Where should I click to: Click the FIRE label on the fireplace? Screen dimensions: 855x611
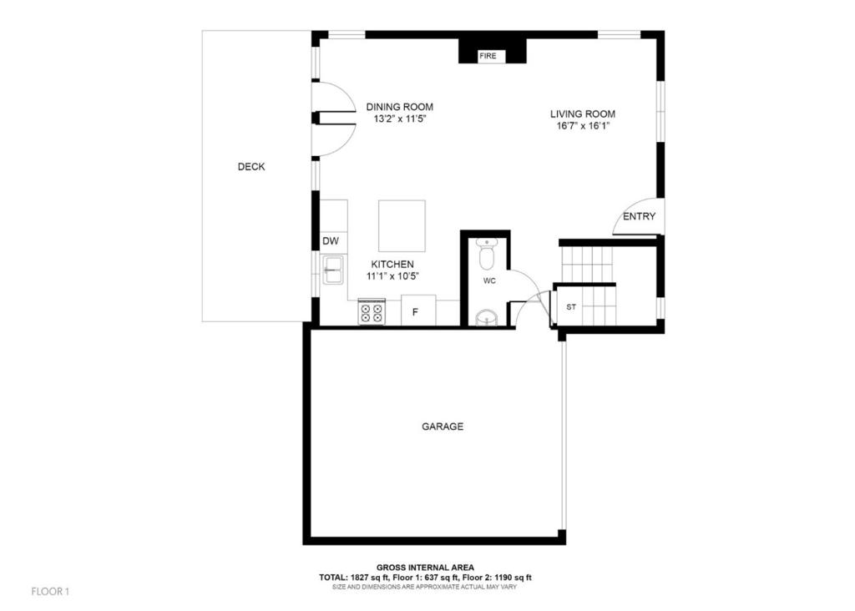[x=488, y=56]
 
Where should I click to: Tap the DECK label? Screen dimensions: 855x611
[x=251, y=167]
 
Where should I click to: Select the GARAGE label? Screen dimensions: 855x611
[x=443, y=427]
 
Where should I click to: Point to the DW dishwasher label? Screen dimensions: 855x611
[x=331, y=241]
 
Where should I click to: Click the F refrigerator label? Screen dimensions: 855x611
[x=415, y=313]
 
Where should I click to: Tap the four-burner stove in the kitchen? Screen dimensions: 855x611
[x=372, y=312]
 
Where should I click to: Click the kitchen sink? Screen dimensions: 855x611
[x=332, y=270]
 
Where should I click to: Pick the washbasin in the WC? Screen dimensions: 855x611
[x=487, y=318]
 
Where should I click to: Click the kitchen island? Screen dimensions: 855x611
[x=402, y=226]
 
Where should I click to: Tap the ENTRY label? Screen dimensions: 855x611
[x=639, y=216]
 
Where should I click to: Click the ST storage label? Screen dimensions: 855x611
[x=571, y=307]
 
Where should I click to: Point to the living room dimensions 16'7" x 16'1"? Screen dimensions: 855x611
[x=582, y=126]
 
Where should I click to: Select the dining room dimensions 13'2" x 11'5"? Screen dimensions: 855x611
[x=399, y=119]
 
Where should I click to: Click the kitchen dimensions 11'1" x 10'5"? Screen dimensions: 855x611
[x=392, y=276]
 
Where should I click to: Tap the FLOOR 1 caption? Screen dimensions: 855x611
[x=50, y=591]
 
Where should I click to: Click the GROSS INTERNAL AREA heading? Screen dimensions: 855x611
[x=425, y=568]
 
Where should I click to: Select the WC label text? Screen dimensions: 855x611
[x=489, y=281]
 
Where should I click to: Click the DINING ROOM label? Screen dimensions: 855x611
[x=400, y=108]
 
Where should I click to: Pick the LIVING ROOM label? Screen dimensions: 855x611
[x=582, y=114]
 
